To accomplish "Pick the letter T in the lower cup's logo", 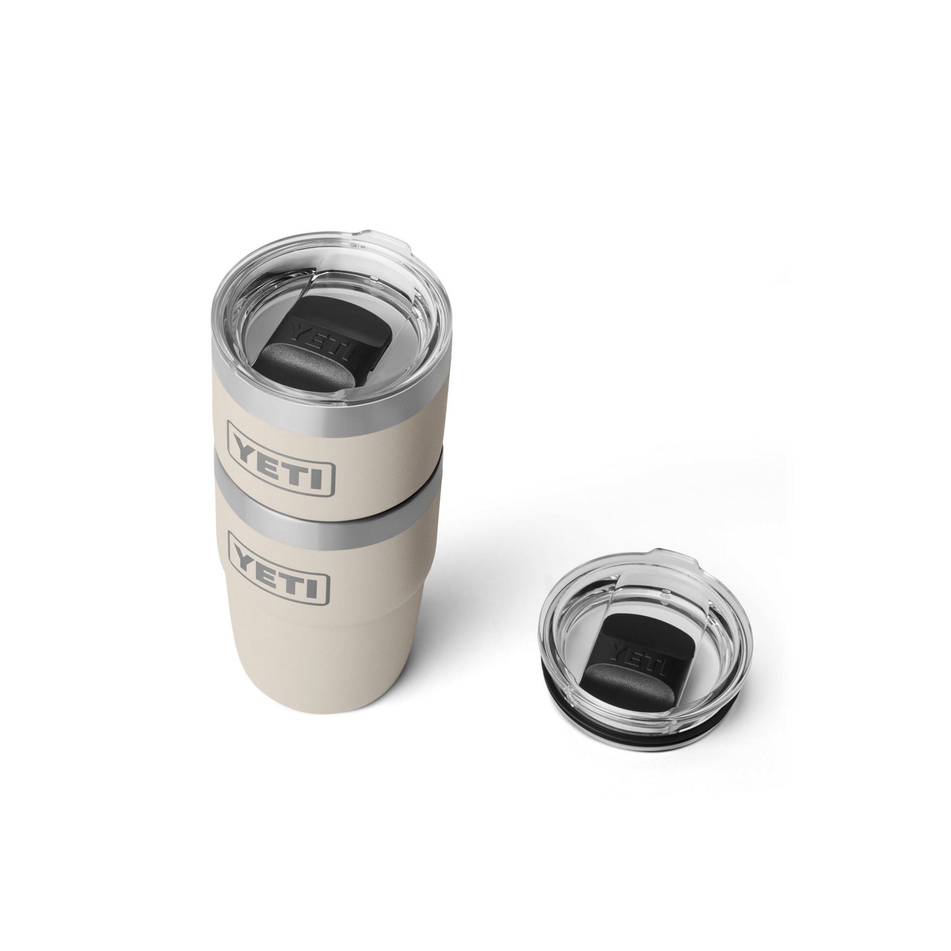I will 299,583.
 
